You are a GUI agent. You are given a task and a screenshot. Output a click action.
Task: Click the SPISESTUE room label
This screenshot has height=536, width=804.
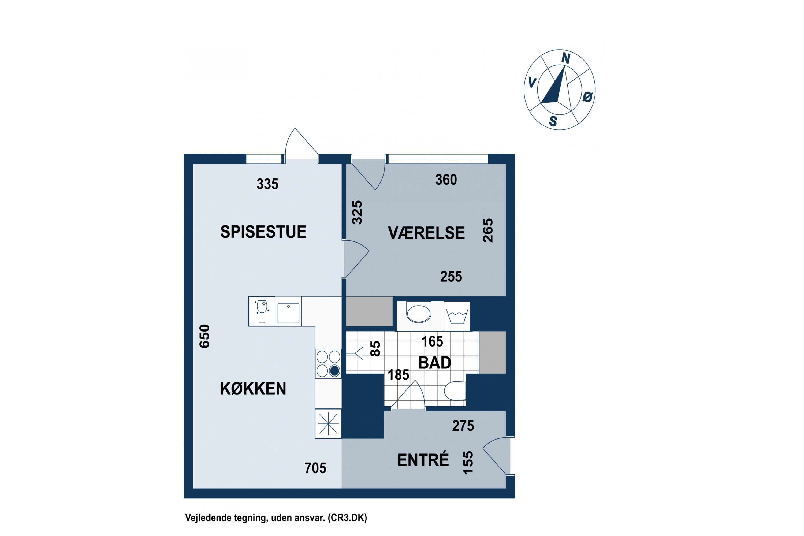coord(263,232)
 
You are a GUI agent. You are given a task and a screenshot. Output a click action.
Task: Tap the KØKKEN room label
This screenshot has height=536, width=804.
coord(253,389)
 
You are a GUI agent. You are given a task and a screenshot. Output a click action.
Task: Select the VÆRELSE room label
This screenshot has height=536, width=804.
coord(426,233)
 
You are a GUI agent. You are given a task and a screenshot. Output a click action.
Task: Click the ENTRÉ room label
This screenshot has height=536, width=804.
coord(423,460)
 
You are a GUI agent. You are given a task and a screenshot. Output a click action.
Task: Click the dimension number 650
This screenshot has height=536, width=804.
coord(204,336)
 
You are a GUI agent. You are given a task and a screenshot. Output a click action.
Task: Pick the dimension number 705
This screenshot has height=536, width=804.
coord(315,468)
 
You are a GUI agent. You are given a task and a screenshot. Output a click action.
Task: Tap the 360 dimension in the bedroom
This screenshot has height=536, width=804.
coord(446,180)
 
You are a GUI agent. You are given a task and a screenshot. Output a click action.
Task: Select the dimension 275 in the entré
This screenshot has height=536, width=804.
coord(463,426)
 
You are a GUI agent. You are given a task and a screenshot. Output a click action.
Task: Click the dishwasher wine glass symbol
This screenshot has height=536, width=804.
coord(262,311)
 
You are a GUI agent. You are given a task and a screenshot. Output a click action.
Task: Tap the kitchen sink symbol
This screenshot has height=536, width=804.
coord(289,313)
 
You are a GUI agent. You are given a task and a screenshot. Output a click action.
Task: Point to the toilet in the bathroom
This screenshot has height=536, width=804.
coord(455,391)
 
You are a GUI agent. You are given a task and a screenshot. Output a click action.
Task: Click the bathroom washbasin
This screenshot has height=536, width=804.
coord(419,313)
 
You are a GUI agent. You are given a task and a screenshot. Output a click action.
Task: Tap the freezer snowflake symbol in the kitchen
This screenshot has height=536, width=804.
coord(328,424)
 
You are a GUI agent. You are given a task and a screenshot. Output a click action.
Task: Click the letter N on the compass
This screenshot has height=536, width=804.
coord(566,59)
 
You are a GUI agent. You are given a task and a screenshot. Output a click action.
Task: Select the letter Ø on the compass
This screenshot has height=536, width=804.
coord(587,98)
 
